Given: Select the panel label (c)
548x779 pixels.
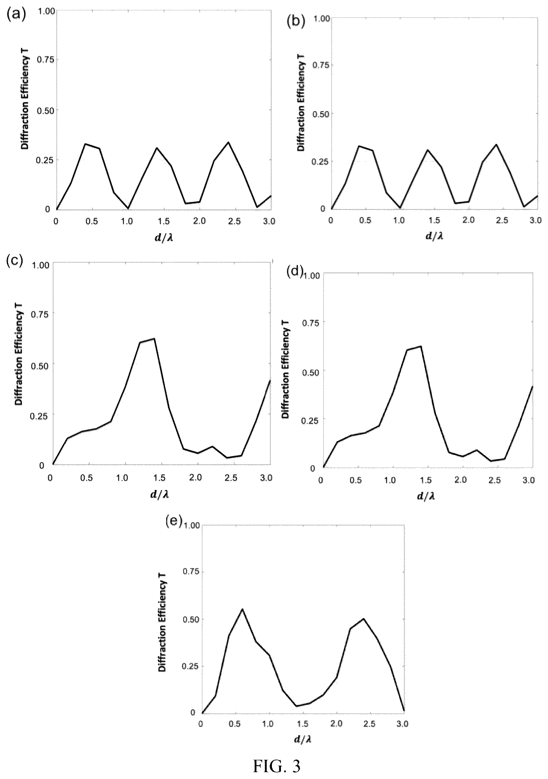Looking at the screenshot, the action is (14, 260).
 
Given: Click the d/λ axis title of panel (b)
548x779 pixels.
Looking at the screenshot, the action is (435, 236).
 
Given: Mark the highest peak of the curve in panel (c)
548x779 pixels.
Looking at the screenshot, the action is (154, 338).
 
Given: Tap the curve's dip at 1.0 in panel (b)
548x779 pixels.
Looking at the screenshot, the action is (400, 208).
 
